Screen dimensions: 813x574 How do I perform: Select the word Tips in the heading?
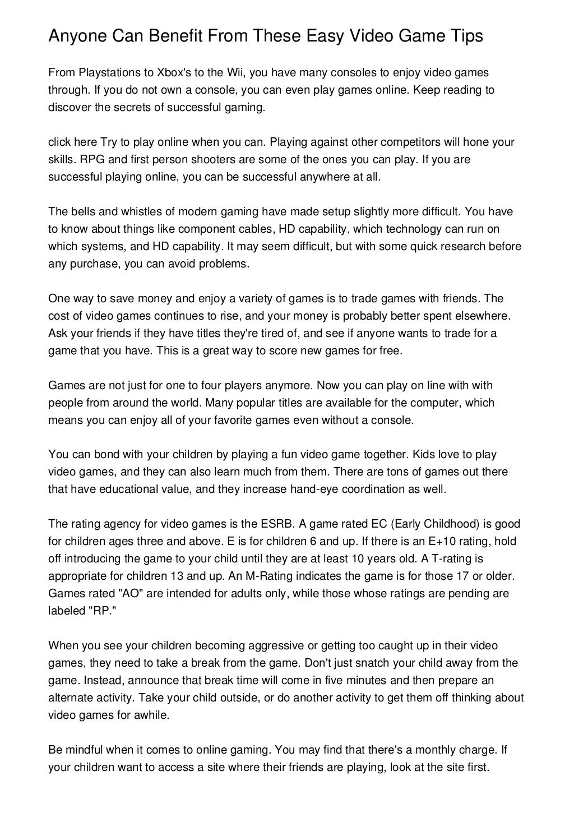463,37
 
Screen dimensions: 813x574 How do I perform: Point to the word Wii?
234,73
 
